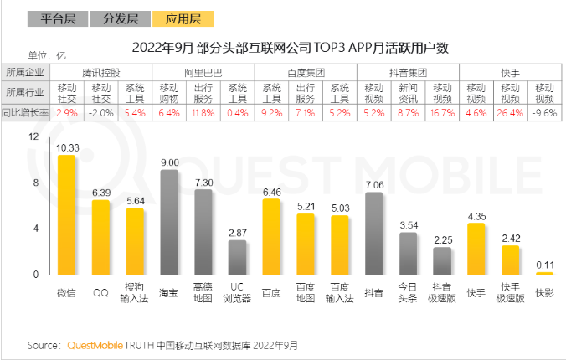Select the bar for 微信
point(66,215)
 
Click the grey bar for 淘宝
point(169,223)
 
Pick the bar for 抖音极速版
point(442,261)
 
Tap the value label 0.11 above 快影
point(545,265)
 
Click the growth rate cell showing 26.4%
point(510,111)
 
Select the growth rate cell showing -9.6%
point(544,111)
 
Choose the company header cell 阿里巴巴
point(203,73)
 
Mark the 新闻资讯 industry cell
point(408,92)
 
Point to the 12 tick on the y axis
point(33,136)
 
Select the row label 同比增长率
point(27,111)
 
